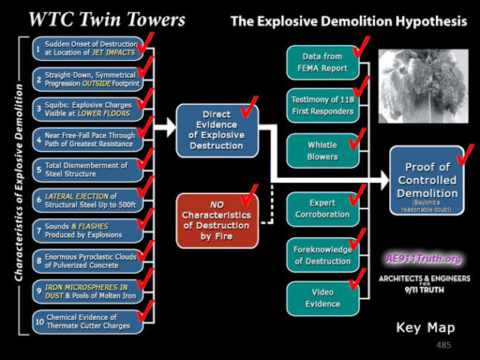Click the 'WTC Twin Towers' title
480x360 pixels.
pyautogui.click(x=106, y=19)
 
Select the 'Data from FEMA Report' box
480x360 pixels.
pyautogui.click(x=323, y=62)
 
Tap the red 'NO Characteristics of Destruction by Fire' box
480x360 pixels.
pyautogui.click(x=217, y=220)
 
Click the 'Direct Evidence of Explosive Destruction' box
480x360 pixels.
pyautogui.click(x=217, y=130)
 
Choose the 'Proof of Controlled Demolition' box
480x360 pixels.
pyautogui.click(x=427, y=180)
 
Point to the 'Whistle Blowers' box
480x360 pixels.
pyautogui.click(x=323, y=151)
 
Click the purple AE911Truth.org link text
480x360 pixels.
pyautogui.click(x=424, y=259)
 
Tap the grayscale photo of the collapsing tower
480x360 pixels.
pyautogui.click(x=423, y=86)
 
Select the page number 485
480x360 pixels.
pyautogui.click(x=443, y=345)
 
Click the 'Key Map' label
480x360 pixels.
pyautogui.click(x=425, y=328)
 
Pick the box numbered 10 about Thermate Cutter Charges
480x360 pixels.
pyautogui.click(x=88, y=322)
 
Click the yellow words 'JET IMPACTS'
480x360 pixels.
pyautogui.click(x=113, y=52)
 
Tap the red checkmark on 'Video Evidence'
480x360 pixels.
pyautogui.click(x=358, y=278)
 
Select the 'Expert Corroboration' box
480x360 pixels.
pyautogui.click(x=323, y=209)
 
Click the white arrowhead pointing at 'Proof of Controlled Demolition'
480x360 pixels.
pyautogui.click(x=385, y=180)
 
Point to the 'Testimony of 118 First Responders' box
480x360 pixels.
pyautogui.click(x=323, y=106)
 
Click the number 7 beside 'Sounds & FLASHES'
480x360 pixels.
pyautogui.click(x=39, y=230)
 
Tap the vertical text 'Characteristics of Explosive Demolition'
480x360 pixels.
pyautogui.click(x=19, y=183)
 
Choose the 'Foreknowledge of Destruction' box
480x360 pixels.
pyautogui.click(x=323, y=255)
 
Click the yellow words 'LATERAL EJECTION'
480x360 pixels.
pyautogui.click(x=76, y=196)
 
